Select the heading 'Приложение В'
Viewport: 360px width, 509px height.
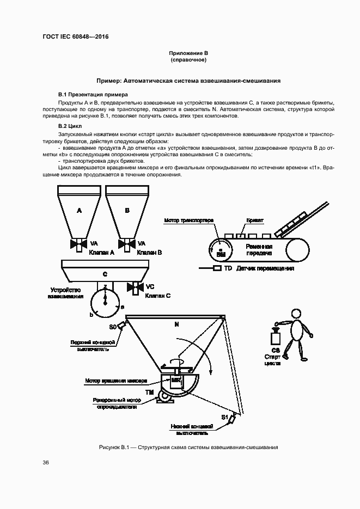[188, 53]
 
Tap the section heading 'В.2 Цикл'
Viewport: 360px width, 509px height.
[70, 126]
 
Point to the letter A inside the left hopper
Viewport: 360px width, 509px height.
[79, 210]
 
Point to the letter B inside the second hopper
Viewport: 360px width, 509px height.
[127, 210]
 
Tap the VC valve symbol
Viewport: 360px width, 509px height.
[135, 286]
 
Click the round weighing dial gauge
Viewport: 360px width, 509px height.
[105, 303]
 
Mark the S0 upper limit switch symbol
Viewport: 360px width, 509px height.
[121, 326]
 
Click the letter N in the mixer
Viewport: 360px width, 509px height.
[176, 324]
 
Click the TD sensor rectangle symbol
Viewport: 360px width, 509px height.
[217, 268]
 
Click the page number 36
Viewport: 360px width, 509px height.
[46, 463]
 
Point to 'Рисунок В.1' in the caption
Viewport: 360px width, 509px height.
[113, 447]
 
